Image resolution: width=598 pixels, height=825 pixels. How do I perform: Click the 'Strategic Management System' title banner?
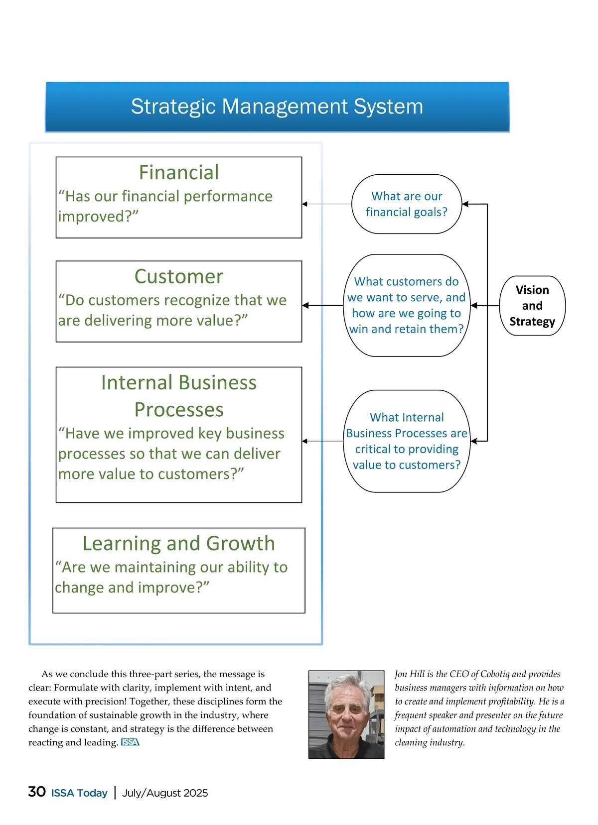(x=277, y=107)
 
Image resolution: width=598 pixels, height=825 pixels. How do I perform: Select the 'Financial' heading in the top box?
(x=178, y=173)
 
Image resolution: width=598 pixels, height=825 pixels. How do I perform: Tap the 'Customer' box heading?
(x=178, y=276)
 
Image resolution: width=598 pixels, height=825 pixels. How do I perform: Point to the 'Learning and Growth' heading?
(x=178, y=543)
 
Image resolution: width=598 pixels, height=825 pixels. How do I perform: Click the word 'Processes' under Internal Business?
(x=178, y=410)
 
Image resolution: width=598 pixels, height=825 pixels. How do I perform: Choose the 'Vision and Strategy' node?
(x=532, y=306)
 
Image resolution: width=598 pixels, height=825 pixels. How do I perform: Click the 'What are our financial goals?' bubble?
(x=407, y=204)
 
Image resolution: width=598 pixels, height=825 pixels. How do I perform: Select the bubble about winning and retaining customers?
(x=407, y=305)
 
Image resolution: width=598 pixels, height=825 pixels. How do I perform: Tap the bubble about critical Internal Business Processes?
(x=407, y=441)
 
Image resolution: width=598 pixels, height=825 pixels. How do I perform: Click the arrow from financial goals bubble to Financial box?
(x=326, y=204)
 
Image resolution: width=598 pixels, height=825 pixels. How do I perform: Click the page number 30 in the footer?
(x=37, y=792)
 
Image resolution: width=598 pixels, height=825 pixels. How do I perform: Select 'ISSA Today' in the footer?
(x=79, y=793)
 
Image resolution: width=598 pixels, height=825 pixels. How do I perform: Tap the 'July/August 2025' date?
(x=165, y=793)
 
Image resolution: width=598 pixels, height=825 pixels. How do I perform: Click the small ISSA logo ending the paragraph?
(x=130, y=742)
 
